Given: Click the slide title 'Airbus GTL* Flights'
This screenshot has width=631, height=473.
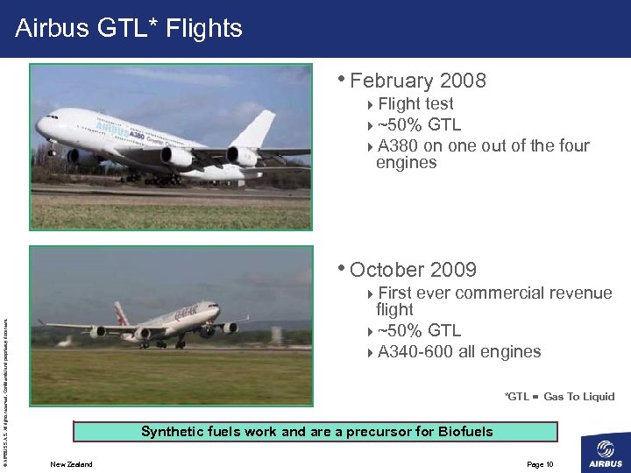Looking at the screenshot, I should click(128, 29).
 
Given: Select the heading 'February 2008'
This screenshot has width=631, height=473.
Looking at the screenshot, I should click(417, 81).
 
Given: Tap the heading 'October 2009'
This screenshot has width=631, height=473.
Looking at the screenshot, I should click(413, 270).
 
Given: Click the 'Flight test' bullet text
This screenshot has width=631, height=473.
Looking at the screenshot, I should click(415, 104).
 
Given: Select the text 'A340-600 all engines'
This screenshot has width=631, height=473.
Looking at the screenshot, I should click(459, 352).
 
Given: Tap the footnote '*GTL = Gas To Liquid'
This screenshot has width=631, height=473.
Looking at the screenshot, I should click(559, 397).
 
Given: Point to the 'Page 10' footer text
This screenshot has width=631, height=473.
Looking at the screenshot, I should click(540, 463).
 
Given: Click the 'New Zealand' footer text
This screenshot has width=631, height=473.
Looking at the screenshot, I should click(71, 463).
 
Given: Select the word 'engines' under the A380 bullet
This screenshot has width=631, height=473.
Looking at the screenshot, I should click(406, 163).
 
